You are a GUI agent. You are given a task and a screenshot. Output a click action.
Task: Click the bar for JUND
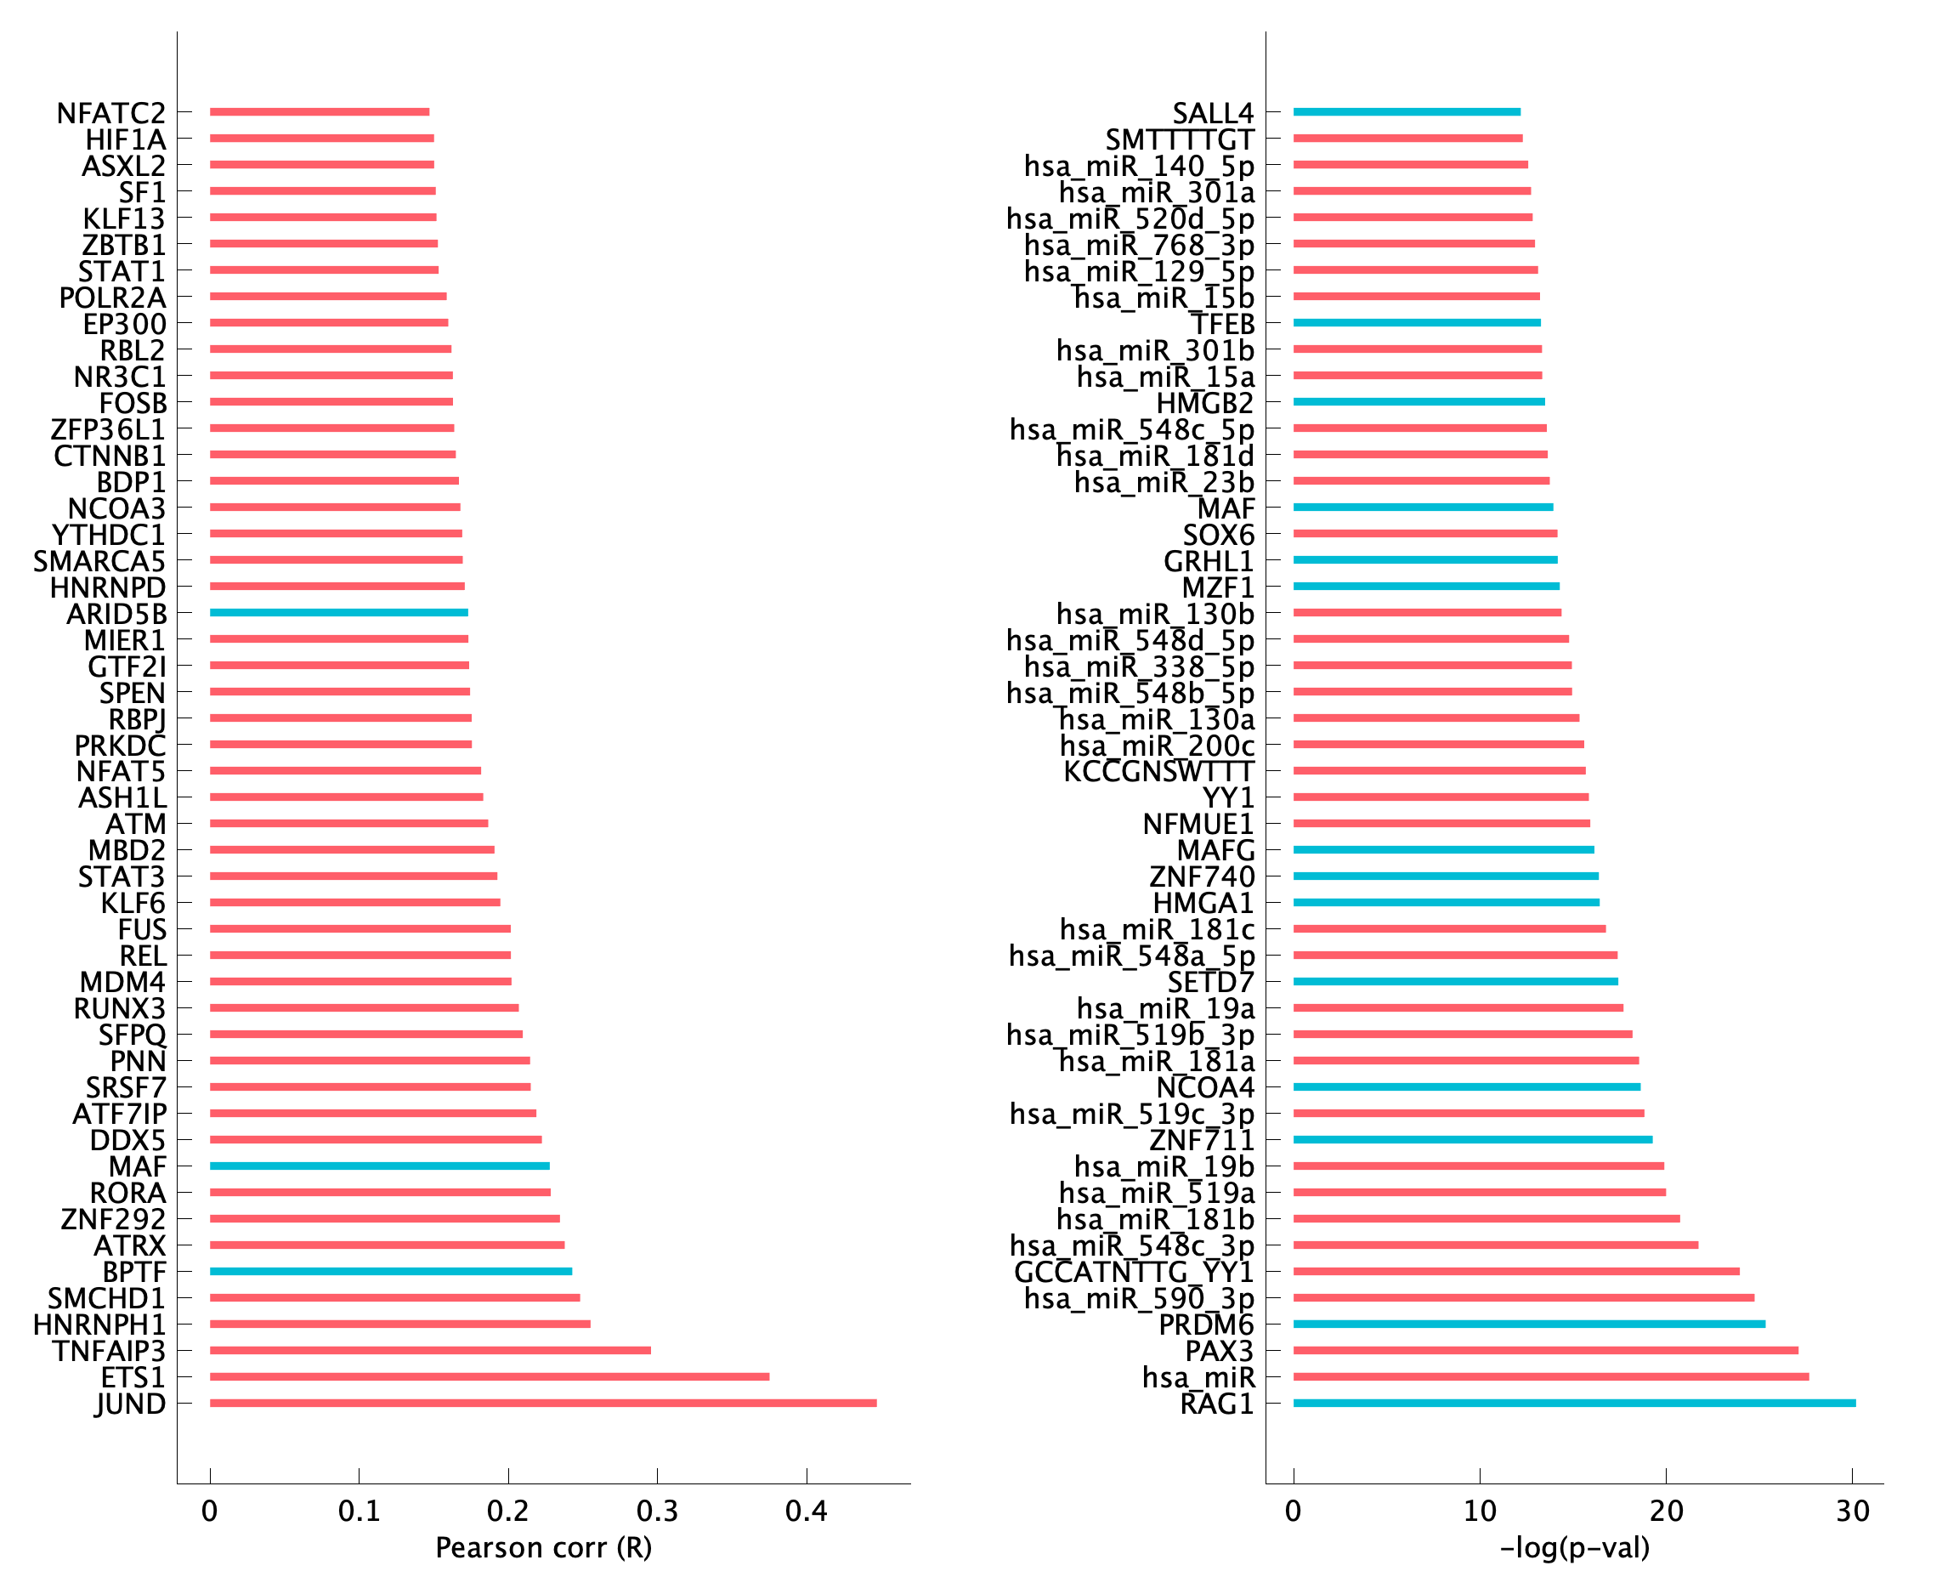pyautogui.click(x=542, y=1403)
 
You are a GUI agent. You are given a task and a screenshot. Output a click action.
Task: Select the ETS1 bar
pyautogui.click(x=490, y=1376)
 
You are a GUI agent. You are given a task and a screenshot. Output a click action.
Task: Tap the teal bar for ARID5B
pyautogui.click(x=339, y=612)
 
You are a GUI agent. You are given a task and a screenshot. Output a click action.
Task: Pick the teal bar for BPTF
pyautogui.click(x=390, y=1272)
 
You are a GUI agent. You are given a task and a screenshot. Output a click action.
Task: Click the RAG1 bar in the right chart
pyautogui.click(x=1573, y=1403)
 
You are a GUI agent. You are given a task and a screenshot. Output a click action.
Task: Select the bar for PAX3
pyautogui.click(x=1545, y=1351)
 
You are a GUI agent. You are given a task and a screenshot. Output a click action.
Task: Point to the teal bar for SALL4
pyautogui.click(x=1407, y=112)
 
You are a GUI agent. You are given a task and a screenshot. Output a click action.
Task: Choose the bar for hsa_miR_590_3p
pyautogui.click(x=1523, y=1298)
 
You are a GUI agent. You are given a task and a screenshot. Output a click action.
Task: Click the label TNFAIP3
pyautogui.click(x=108, y=1352)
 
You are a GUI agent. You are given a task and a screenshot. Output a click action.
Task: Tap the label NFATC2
pyautogui.click(x=111, y=113)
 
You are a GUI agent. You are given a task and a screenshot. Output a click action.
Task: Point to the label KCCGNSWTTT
pyautogui.click(x=1158, y=771)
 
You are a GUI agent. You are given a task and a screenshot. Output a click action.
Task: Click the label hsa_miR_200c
pyautogui.click(x=1157, y=746)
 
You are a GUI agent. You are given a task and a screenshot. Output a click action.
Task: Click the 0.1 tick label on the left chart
pyautogui.click(x=359, y=1511)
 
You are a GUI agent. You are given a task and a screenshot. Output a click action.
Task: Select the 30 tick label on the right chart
pyautogui.click(x=1853, y=1511)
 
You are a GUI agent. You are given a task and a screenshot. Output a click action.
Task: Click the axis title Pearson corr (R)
pyautogui.click(x=543, y=1548)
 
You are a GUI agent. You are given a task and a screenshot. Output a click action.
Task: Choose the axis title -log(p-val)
pyautogui.click(x=1574, y=1548)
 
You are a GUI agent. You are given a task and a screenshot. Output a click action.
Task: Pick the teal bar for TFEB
pyautogui.click(x=1417, y=323)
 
